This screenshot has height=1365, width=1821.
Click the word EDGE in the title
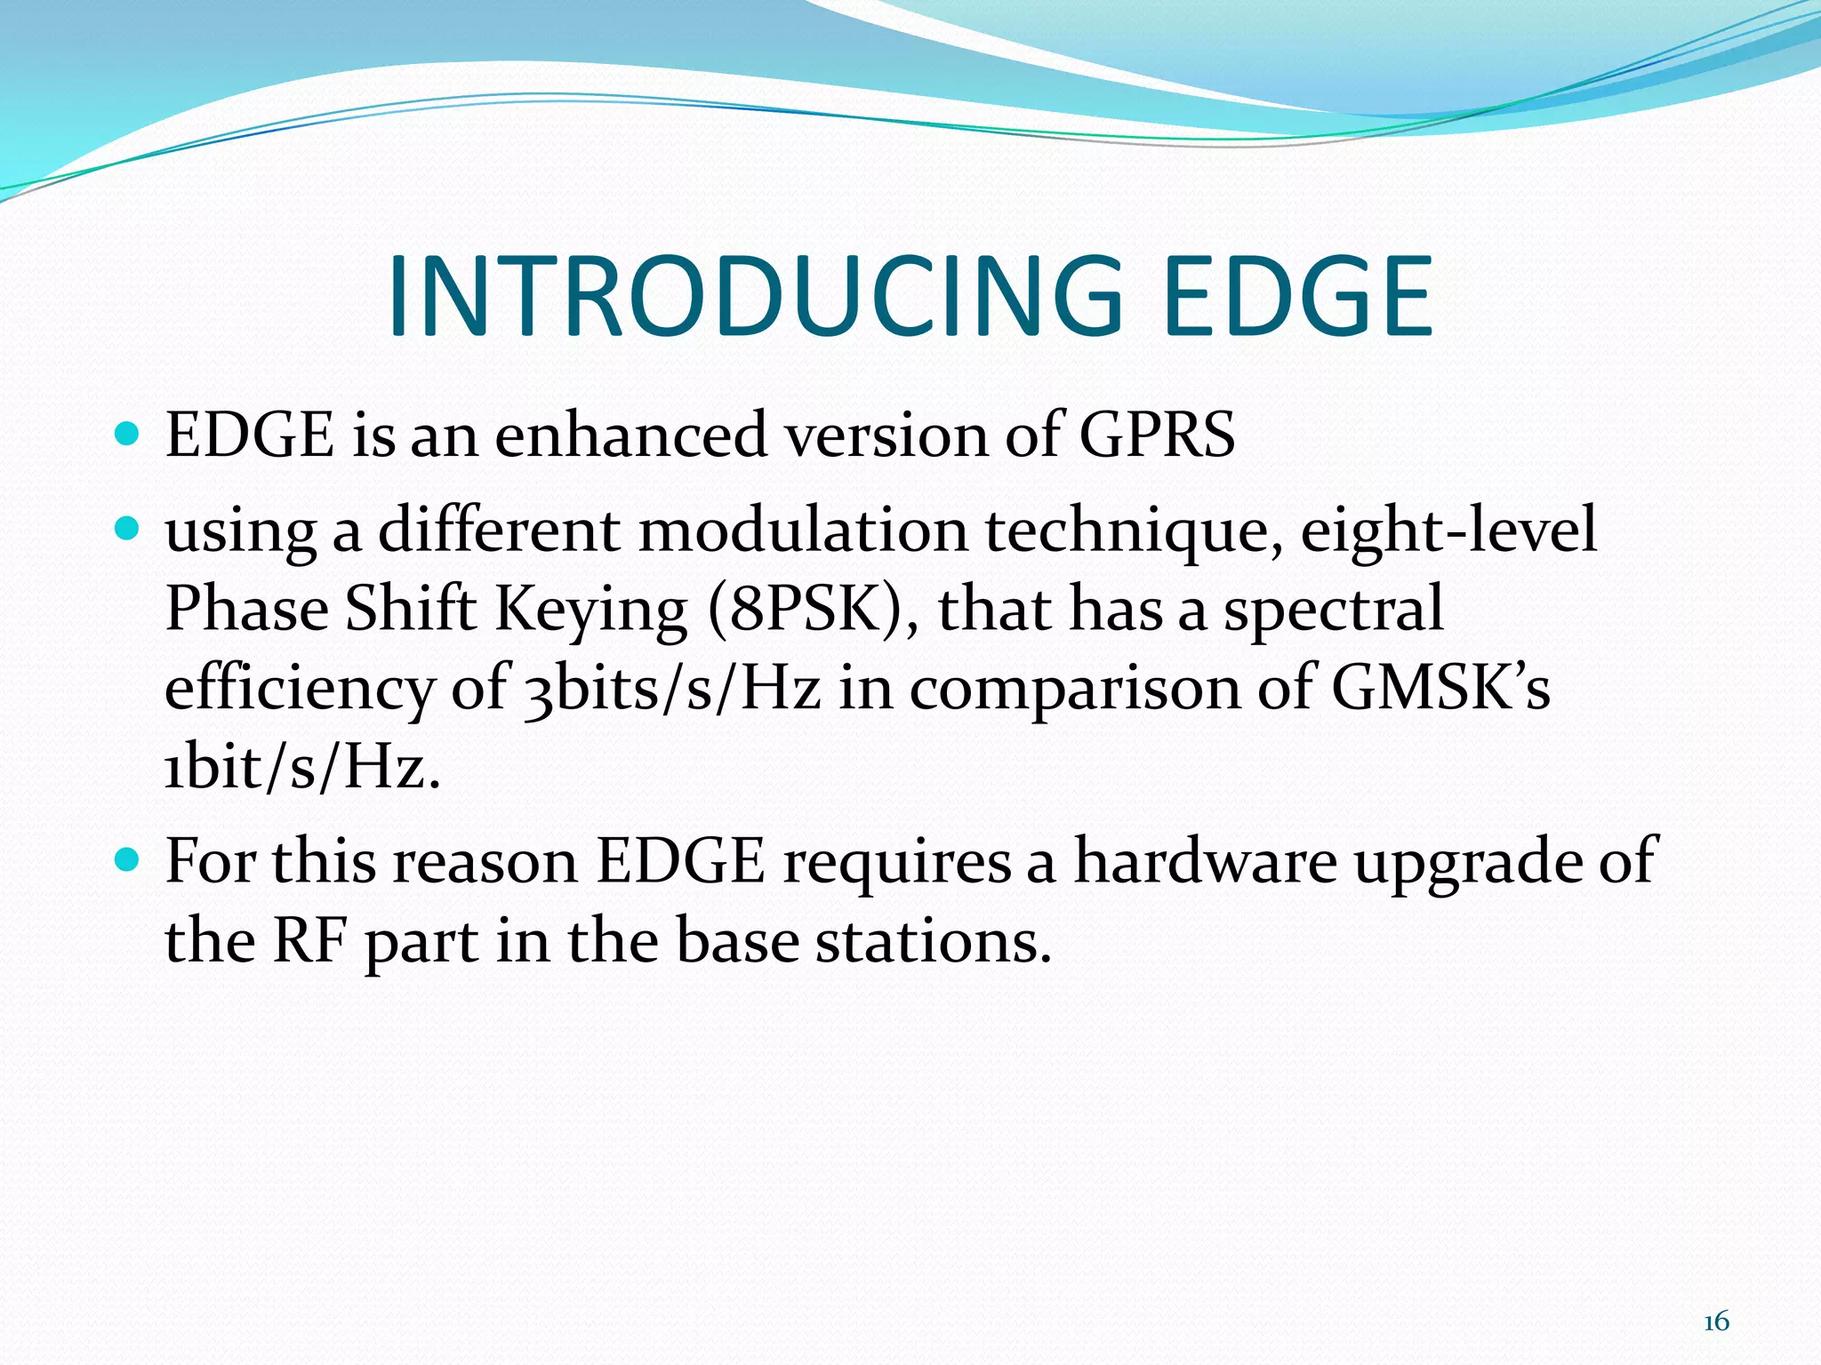[x=1297, y=297]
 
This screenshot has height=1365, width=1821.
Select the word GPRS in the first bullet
[x=1156, y=435]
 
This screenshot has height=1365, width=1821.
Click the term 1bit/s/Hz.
[x=302, y=767]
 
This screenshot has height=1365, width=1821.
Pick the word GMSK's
[x=1440, y=689]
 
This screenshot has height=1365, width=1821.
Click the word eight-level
[x=1448, y=531]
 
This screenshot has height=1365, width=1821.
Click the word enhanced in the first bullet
[x=630, y=435]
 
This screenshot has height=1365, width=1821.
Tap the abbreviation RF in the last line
[x=309, y=940]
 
